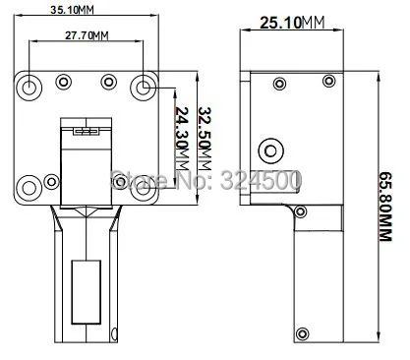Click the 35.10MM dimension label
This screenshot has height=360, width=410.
(72, 10)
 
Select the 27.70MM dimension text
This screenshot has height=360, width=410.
(87, 35)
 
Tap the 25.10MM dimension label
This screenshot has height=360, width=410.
(292, 23)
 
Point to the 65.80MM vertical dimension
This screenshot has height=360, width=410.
(385, 207)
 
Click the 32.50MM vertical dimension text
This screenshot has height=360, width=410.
(205, 139)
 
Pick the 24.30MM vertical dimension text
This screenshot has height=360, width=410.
(182, 139)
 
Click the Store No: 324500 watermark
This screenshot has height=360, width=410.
(205, 180)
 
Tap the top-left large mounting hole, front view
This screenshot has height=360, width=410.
(29, 88)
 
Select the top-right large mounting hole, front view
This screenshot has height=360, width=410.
(144, 88)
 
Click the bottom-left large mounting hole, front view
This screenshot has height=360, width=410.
(29, 188)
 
